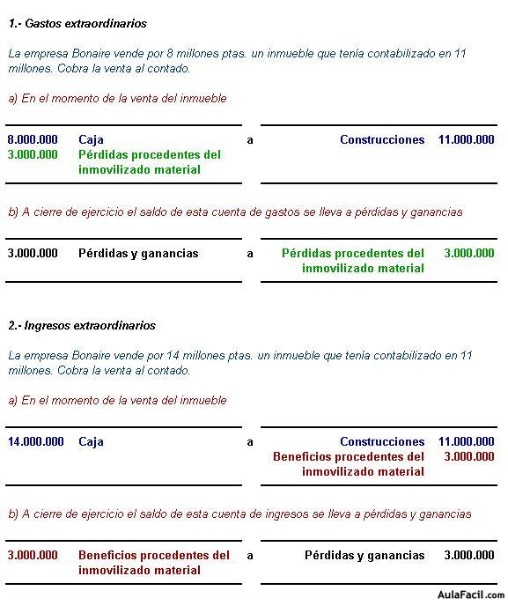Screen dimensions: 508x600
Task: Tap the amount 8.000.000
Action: coord(32,140)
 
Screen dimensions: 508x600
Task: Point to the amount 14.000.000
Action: coord(36,441)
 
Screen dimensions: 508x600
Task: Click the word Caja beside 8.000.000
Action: coord(91,140)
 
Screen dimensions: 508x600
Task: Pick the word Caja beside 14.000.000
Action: coord(91,441)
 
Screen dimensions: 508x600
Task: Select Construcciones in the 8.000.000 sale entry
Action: coord(382,140)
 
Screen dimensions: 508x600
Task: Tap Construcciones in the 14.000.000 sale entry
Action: coord(382,441)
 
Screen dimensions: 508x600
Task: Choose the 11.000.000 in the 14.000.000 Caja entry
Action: coord(466,441)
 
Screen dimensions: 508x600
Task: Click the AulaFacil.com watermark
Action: coord(471,592)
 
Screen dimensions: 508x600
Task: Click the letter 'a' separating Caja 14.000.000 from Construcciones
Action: coord(250,441)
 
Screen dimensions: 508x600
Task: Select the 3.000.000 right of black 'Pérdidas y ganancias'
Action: coord(469,554)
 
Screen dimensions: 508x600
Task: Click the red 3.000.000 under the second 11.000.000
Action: coord(469,456)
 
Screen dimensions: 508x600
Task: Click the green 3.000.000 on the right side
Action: coord(469,253)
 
